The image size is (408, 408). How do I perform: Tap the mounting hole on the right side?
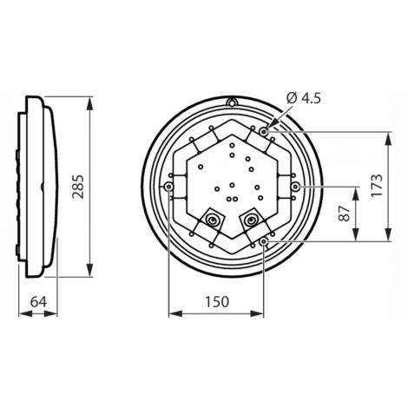296,188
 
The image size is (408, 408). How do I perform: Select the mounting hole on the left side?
167,188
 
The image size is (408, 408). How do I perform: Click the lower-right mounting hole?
264,240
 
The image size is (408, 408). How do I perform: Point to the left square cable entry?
211,225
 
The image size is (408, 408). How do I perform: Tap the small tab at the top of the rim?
231,103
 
